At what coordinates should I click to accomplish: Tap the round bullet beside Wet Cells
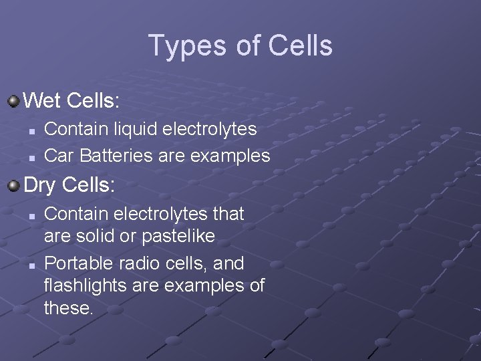pos(13,102)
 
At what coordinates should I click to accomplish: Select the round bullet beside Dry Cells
pos(13,185)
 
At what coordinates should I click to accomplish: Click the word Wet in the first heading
pos(42,102)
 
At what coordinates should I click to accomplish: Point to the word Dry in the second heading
pos(40,185)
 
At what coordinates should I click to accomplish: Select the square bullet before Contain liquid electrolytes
pos(32,129)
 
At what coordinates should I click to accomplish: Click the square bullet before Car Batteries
pos(32,157)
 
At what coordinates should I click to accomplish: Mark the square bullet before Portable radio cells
pos(32,265)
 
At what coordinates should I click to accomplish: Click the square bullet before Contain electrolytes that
pos(32,215)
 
